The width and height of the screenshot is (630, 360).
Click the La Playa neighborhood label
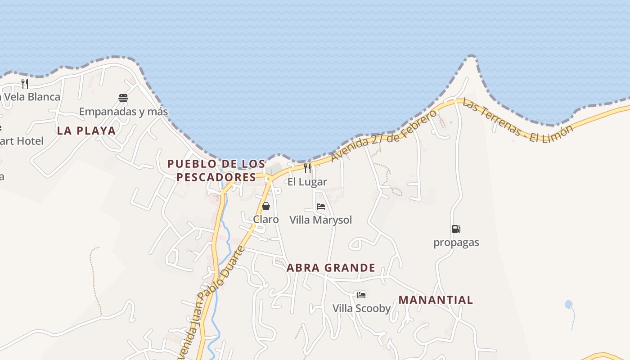86,131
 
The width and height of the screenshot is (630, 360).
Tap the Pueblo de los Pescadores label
216,170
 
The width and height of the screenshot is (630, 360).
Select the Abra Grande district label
331,268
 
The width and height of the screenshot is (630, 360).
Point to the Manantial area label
436,300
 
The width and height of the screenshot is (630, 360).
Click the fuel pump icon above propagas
456,229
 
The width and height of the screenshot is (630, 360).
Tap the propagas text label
456,243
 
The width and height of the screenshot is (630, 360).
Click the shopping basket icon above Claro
266,206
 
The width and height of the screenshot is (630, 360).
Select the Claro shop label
266,220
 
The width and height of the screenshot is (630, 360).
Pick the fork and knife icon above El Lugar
307,168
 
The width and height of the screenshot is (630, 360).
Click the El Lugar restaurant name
307,182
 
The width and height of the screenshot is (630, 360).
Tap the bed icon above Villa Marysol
321,207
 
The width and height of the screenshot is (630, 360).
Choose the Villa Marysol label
321,220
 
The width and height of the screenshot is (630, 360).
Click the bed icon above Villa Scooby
361,295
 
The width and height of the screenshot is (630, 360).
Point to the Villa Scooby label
361,309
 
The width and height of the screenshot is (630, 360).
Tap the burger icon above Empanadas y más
123,98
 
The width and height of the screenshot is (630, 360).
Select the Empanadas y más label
123,112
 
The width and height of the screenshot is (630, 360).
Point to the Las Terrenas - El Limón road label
517,121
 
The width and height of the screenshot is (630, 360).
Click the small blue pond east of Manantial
569,304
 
